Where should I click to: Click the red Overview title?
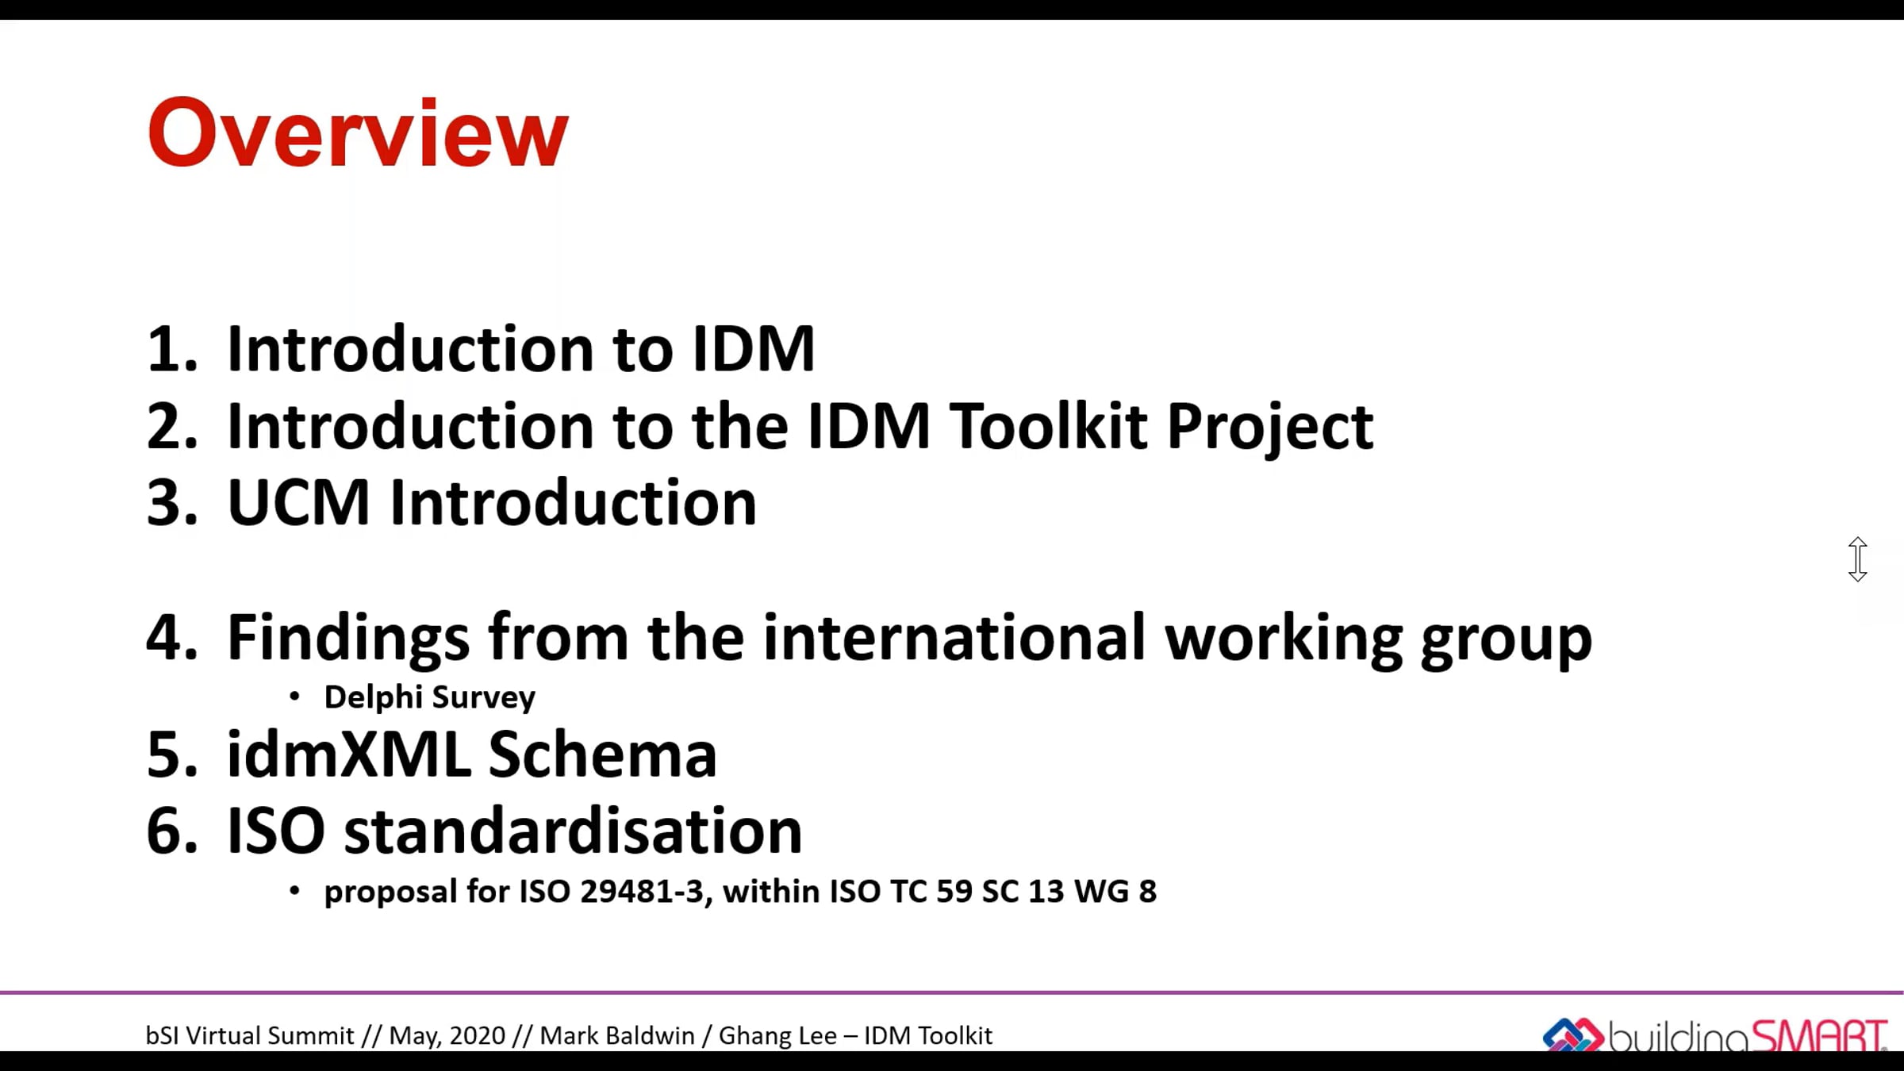tap(358, 132)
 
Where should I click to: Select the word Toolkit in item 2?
tap(1049, 426)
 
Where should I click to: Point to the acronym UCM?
tap(298, 503)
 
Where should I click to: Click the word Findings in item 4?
tap(348, 639)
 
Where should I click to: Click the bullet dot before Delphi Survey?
tap(294, 697)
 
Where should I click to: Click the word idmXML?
tap(348, 754)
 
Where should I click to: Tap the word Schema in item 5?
tap(602, 754)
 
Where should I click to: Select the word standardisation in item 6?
tap(573, 831)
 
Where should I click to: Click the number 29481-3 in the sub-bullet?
tap(642, 892)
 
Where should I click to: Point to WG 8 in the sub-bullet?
tap(1115, 892)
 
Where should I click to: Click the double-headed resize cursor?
tap(1857, 559)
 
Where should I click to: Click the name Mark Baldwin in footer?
tap(616, 1036)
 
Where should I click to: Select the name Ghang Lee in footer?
tap(777, 1036)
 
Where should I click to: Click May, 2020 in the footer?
tap(447, 1036)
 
